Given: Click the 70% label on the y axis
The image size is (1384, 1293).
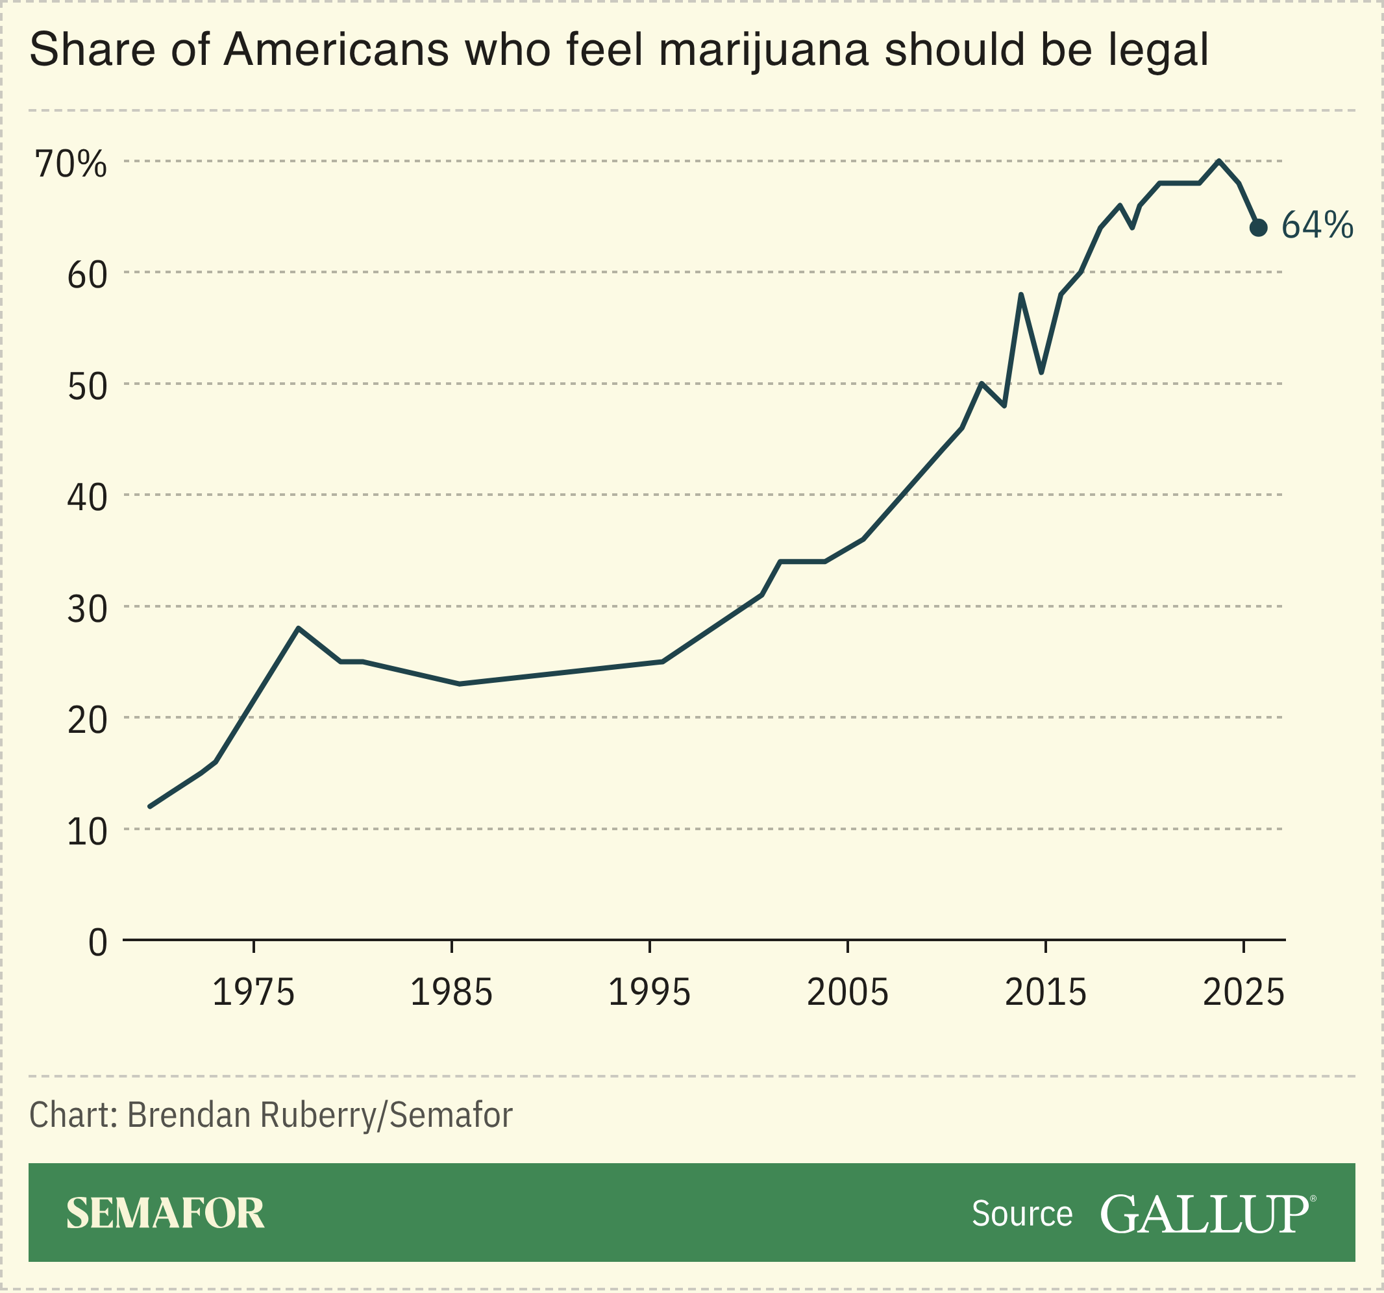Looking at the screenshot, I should (x=71, y=164).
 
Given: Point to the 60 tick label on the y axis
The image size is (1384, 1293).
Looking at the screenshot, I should (x=87, y=276).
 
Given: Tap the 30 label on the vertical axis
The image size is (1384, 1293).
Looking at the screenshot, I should (x=87, y=610).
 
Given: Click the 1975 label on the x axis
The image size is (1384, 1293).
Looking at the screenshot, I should (x=253, y=992).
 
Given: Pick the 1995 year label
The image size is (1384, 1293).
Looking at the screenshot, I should (x=649, y=992).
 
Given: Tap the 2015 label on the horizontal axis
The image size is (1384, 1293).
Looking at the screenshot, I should (x=1045, y=992).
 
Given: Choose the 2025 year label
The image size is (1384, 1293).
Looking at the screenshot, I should (x=1243, y=992).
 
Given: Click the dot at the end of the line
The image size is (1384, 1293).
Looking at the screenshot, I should (x=1258, y=228).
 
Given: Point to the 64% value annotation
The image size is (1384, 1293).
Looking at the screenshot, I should (x=1316, y=226).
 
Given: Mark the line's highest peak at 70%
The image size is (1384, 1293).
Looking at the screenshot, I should (x=1218, y=161).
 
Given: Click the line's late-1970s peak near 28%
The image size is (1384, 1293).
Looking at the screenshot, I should (x=298, y=628).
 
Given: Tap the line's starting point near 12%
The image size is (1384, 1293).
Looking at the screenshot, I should (x=151, y=806).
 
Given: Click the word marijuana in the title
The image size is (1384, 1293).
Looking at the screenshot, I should (x=763, y=50).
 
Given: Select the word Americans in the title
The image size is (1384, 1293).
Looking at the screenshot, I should (x=336, y=50).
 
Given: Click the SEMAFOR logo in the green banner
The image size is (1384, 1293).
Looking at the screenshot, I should (x=165, y=1213).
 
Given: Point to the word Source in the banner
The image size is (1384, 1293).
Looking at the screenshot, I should (x=1021, y=1214).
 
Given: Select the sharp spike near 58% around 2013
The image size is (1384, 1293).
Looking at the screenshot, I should (x=1020, y=295).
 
